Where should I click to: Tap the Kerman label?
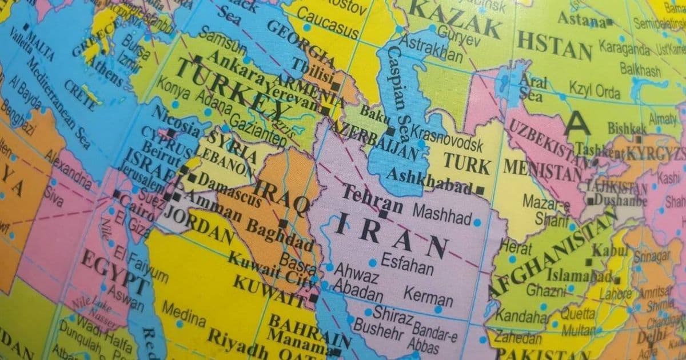click(x=428, y=297)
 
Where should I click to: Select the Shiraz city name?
click(x=392, y=314)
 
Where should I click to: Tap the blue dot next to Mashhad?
click(x=477, y=222)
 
